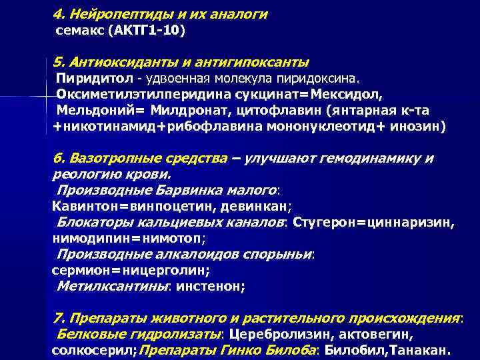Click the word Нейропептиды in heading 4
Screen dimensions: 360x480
point(114,14)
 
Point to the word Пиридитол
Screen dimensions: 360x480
point(83,79)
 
